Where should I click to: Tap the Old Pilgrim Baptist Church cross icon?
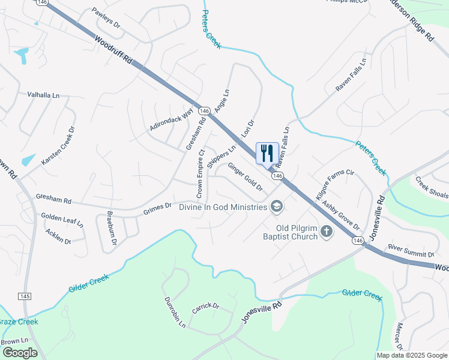pyautogui.click(x=327, y=232)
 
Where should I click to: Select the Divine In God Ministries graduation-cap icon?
pyautogui.click(x=276, y=207)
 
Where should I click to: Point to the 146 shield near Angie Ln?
pyautogui.click(x=204, y=111)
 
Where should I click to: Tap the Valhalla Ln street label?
pyautogui.click(x=44, y=95)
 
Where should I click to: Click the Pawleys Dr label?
pyautogui.click(x=106, y=18)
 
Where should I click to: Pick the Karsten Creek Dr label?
pyautogui.click(x=58, y=146)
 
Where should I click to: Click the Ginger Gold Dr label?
pyautogui.click(x=244, y=177)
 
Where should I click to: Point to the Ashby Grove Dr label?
pyautogui.click(x=340, y=215)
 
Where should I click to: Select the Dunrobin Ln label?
pyautogui.click(x=175, y=311)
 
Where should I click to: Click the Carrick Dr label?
pyautogui.click(x=205, y=307)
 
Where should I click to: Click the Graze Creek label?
pyautogui.click(x=19, y=322)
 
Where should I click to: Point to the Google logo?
pyautogui.click(x=20, y=353)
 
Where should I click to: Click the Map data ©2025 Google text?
pyautogui.click(x=412, y=355)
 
